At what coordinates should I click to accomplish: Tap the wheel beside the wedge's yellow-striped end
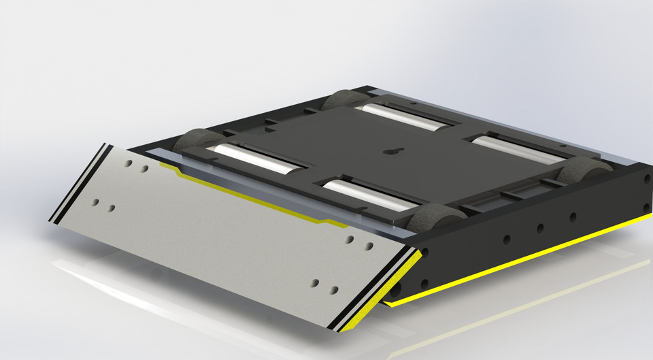(x=435, y=220)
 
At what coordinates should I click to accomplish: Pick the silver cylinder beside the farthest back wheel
(x=402, y=116)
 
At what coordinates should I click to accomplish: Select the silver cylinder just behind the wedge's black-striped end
(x=256, y=159)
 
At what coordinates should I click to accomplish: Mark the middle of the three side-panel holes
(x=539, y=228)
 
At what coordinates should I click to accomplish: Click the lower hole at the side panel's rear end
(x=646, y=208)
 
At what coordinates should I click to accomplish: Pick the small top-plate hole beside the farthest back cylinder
(x=412, y=104)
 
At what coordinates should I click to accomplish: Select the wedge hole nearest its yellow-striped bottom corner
(x=333, y=290)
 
